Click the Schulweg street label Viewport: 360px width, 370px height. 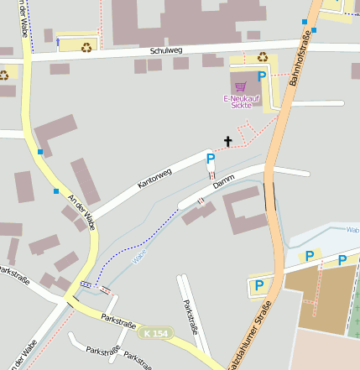(165, 50)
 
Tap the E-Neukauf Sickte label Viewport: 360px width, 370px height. (240, 102)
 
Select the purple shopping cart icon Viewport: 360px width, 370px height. (241, 86)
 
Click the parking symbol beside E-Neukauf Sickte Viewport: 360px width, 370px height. (262, 76)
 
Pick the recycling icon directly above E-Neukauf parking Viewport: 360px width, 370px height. (263, 57)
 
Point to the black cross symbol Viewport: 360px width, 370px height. (227, 142)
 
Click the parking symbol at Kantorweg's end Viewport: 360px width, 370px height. (211, 158)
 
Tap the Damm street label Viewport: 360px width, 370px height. (223, 181)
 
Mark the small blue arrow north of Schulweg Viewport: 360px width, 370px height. (57, 39)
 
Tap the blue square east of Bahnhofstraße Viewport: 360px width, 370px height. (316, 29)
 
